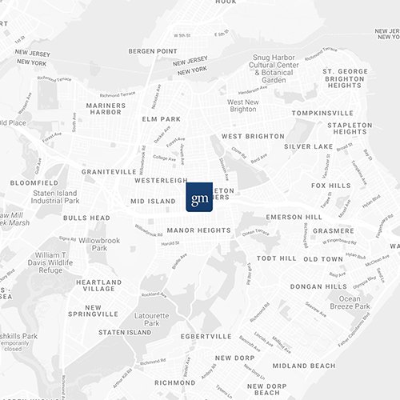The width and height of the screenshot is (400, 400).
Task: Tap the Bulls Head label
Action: [x=86, y=217]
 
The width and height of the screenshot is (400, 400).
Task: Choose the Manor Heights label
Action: [x=199, y=230]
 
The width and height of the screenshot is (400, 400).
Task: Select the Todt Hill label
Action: [x=276, y=258]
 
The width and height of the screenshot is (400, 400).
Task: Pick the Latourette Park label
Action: [x=152, y=318]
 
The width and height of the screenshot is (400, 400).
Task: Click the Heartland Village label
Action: [x=99, y=286]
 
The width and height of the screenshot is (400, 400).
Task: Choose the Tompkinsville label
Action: [x=322, y=113]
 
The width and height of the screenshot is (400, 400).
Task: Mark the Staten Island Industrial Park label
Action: [x=55, y=196]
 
